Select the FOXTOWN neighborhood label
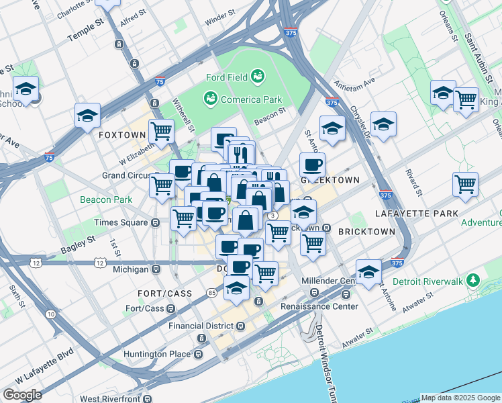(121, 135)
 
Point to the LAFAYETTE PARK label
(416, 214)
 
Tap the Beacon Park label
(106, 199)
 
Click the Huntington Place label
(159, 354)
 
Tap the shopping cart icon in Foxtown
(161, 130)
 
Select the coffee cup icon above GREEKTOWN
(311, 164)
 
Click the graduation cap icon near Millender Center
(368, 272)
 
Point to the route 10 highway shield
(51, 314)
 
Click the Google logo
(21, 394)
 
